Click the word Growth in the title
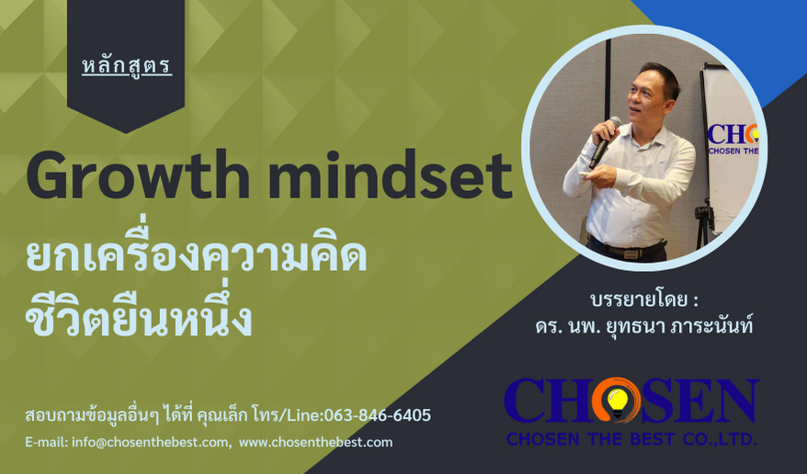(139, 175)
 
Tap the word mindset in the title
(390, 175)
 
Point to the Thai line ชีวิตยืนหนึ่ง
(139, 317)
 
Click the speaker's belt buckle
(631, 253)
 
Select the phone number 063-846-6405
(377, 415)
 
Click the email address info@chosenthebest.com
(151, 442)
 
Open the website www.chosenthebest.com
(315, 442)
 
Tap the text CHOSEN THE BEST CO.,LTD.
(631, 439)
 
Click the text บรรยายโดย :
(643, 299)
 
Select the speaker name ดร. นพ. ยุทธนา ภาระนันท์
(643, 326)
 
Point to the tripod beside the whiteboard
(703, 226)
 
